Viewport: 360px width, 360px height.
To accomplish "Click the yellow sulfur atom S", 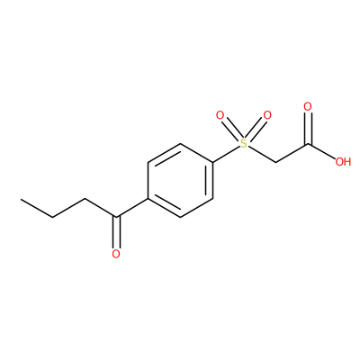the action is [x=245, y=144].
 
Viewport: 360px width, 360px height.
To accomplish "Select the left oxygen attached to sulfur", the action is [x=220, y=115].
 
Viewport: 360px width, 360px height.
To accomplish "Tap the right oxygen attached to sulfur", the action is [x=267, y=115].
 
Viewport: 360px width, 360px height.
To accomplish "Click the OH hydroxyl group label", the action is [x=343, y=162].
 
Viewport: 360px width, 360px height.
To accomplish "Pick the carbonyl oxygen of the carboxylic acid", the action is [x=308, y=106].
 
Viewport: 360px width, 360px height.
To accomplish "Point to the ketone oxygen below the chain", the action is [x=116, y=254].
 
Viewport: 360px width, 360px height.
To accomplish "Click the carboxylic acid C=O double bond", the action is [x=308, y=129].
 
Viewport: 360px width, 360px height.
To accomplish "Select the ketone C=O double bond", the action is [x=116, y=232].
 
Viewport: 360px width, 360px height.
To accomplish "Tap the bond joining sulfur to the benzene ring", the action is [x=227, y=155].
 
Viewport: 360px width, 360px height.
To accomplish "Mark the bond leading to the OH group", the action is [x=321, y=152].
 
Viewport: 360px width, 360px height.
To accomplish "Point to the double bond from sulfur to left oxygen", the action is [x=232, y=129].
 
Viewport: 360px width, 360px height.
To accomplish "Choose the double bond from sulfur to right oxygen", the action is [x=256, y=129].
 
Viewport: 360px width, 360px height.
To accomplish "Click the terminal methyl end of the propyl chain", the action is [x=22, y=199].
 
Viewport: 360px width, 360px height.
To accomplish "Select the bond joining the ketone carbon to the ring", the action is [x=132, y=208].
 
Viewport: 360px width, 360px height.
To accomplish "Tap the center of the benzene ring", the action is [x=180, y=180].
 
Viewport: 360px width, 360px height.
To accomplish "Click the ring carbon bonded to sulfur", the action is [x=213, y=162].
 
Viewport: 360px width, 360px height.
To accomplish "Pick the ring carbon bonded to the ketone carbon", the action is [x=148, y=199].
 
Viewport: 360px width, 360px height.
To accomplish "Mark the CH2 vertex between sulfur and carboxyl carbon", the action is [x=276, y=163].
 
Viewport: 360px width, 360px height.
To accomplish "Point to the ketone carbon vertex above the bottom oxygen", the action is [x=116, y=217].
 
